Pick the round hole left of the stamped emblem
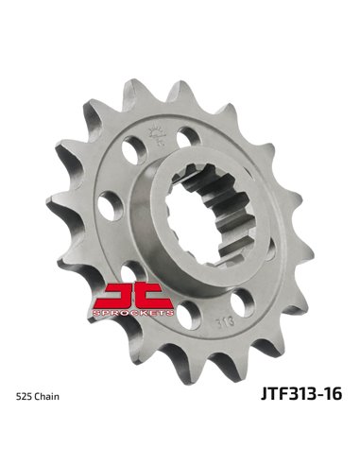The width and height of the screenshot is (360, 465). (139, 142)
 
